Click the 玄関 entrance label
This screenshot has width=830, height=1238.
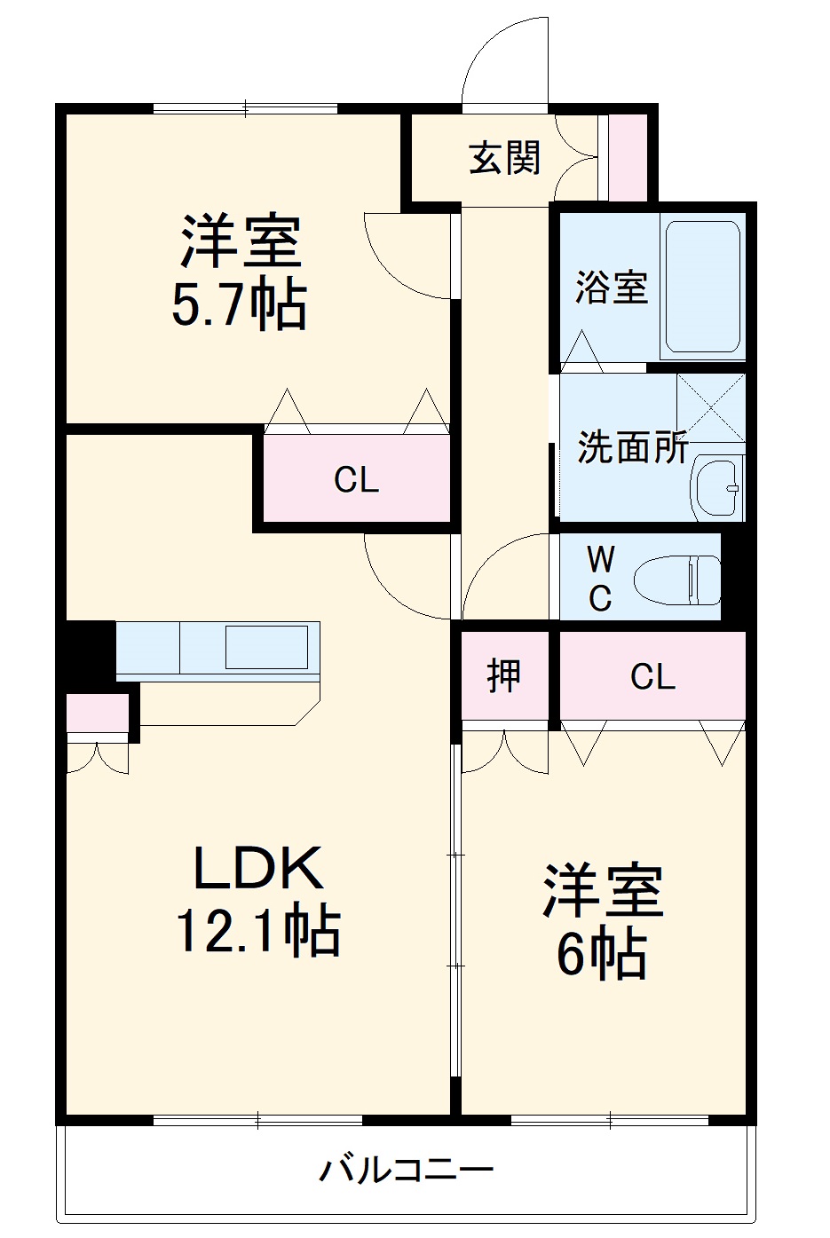point(504,159)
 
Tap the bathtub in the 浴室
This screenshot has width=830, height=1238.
point(703,286)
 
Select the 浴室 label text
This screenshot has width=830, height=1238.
point(611,288)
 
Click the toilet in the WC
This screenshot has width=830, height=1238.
point(678,580)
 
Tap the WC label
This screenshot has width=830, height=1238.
point(601,580)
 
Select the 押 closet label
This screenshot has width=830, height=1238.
point(504,676)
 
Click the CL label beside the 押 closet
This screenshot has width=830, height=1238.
point(652,677)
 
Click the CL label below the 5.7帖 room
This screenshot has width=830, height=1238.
point(356,480)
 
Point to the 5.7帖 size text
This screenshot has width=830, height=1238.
point(239,305)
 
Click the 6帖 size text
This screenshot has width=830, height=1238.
point(601,954)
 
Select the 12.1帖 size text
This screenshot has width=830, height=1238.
point(257,930)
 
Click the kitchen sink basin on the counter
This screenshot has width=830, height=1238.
point(271,646)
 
